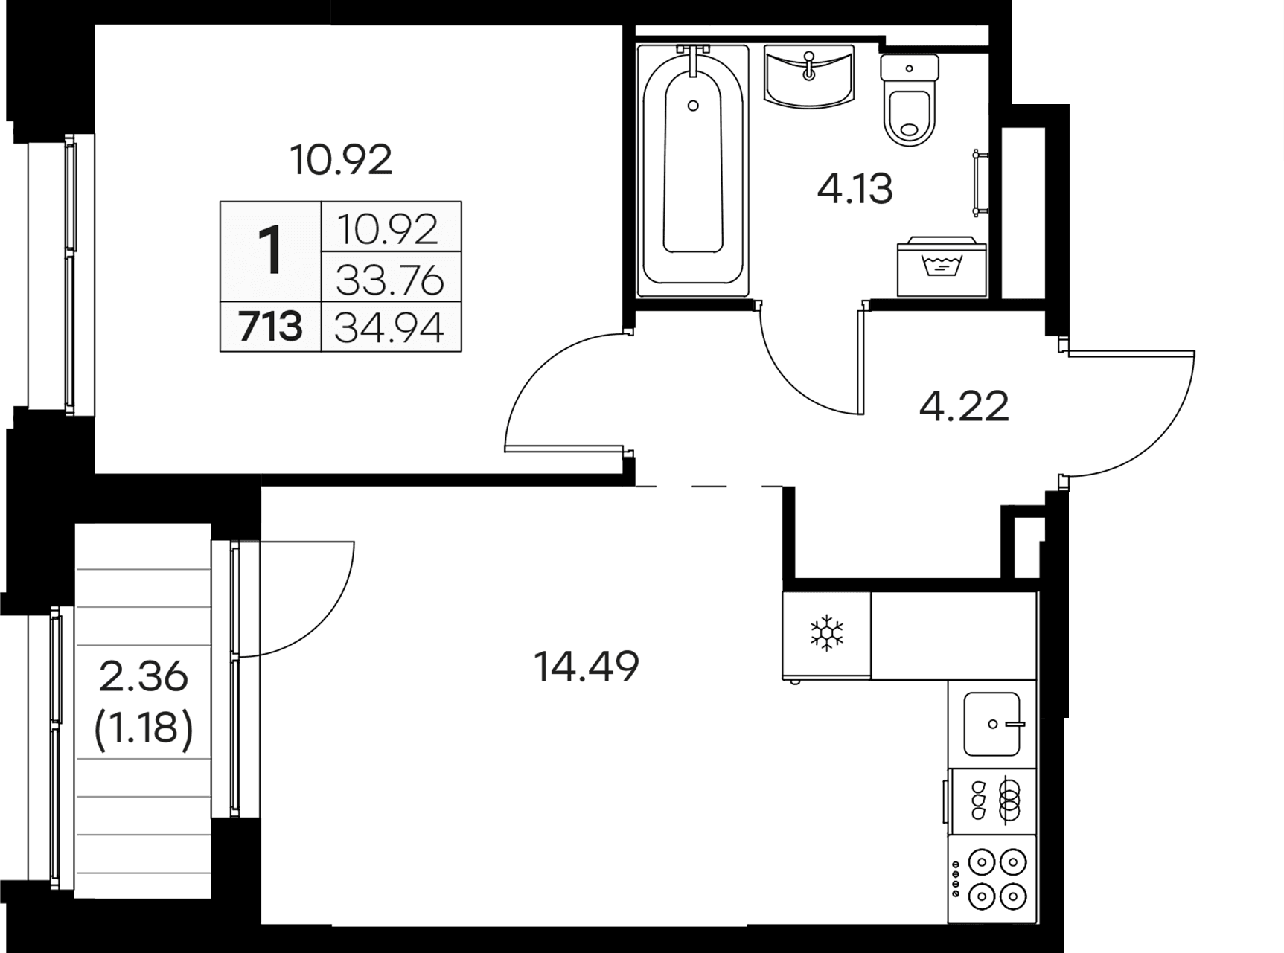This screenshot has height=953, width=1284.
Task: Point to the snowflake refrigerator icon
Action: pyautogui.click(x=826, y=635)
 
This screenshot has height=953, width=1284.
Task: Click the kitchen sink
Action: pyautogui.click(x=991, y=724)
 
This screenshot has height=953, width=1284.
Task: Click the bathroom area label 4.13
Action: pyautogui.click(x=855, y=189)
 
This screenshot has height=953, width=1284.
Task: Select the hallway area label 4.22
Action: pyautogui.click(x=964, y=407)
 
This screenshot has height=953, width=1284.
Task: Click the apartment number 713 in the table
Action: pyautogui.click(x=270, y=327)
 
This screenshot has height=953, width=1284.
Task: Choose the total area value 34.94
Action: pyautogui.click(x=390, y=327)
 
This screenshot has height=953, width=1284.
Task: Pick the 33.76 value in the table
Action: pyautogui.click(x=390, y=281)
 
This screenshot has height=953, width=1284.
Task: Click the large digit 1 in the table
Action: pyautogui.click(x=270, y=251)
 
